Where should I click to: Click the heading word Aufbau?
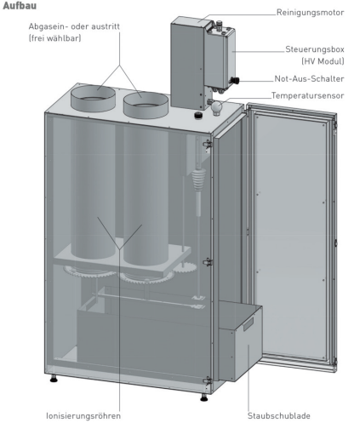tap(20, 6)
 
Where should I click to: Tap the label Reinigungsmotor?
tap(310, 13)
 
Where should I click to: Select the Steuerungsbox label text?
tap(315, 49)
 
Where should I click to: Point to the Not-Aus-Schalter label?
tap(309, 78)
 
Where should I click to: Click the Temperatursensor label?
tap(307, 95)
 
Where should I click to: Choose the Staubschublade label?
tap(279, 416)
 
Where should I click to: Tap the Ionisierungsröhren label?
tap(83, 416)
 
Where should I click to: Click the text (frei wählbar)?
tap(54, 38)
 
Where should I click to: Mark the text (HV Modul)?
tap(323, 61)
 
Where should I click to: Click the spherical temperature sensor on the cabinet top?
tap(216, 108)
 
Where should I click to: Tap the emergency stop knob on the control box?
tap(235, 80)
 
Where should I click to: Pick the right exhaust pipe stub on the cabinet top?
tap(146, 105)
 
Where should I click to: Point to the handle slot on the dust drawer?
tap(249, 323)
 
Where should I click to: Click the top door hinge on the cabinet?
tap(208, 144)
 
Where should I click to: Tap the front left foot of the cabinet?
tap(54, 379)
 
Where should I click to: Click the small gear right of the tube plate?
tap(185, 268)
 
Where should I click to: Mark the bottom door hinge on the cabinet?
tap(208, 380)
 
